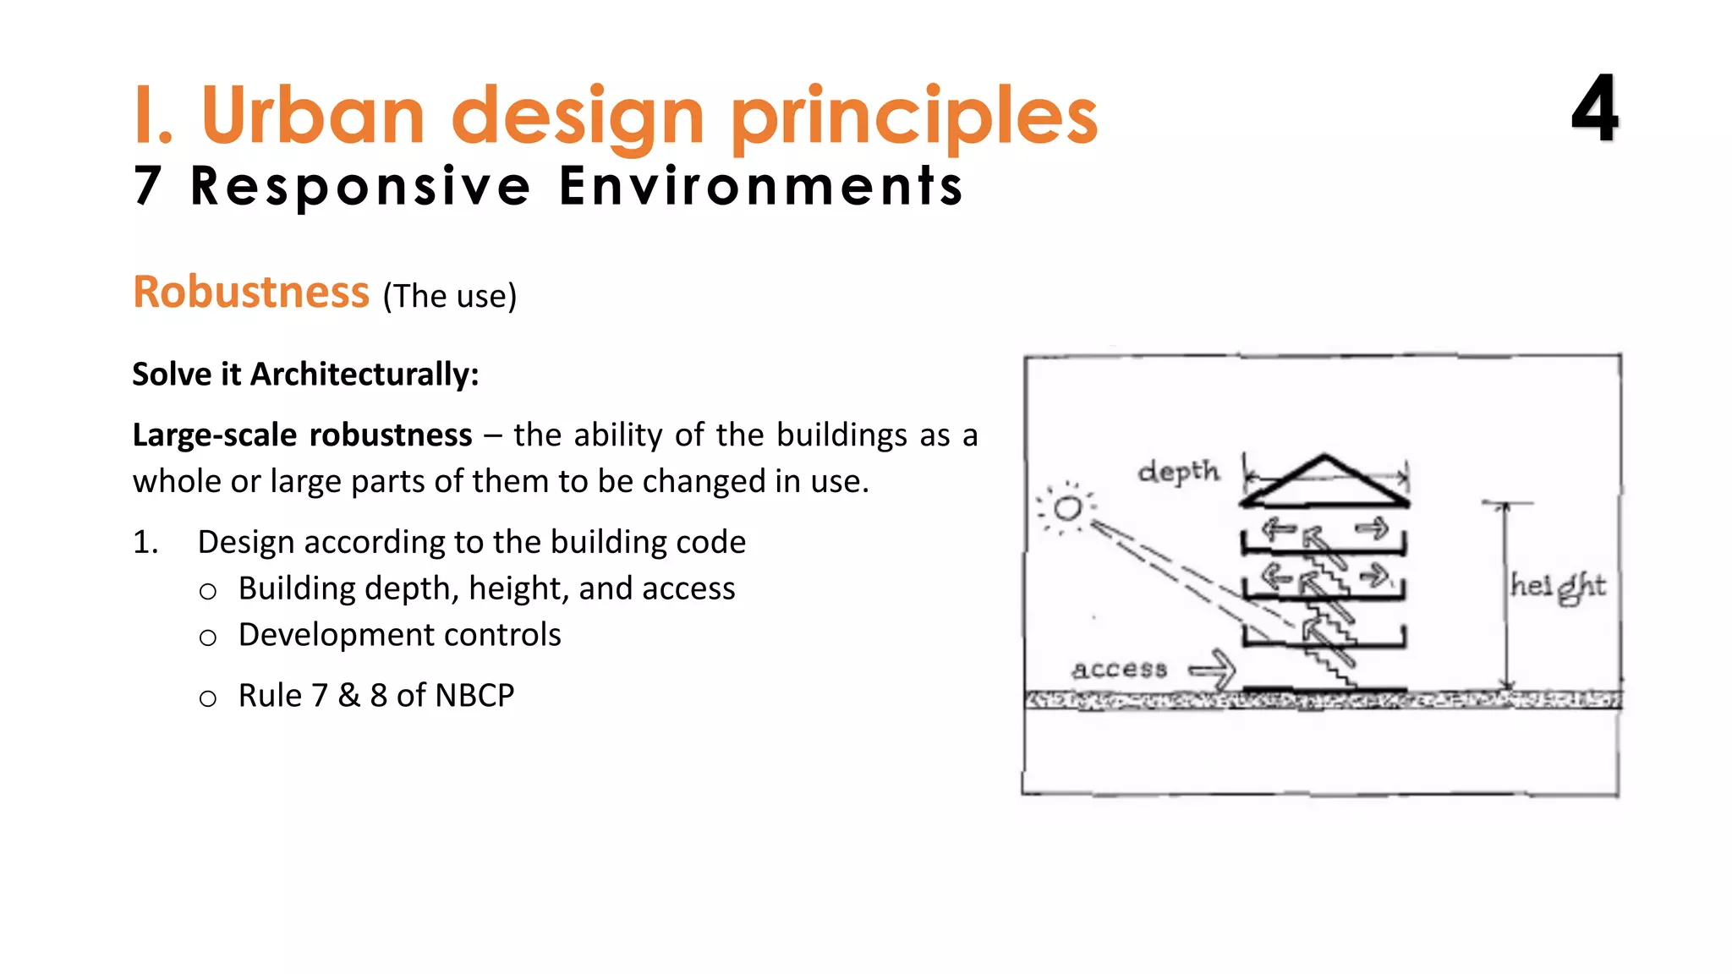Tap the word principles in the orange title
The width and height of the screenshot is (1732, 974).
click(913, 118)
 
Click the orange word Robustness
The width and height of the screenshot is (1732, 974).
click(251, 293)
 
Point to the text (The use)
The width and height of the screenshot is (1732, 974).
click(449, 297)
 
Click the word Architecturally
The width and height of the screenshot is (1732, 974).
click(364, 375)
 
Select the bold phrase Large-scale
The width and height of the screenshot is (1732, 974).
click(215, 435)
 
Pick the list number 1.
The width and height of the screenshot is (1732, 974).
click(145, 542)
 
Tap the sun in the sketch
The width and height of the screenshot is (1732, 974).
click(1067, 508)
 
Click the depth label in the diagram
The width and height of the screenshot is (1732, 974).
click(1179, 472)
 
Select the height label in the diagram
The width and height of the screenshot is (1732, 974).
click(1558, 586)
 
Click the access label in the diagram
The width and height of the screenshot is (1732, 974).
click(1120, 670)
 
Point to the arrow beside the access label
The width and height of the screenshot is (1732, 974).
click(1213, 670)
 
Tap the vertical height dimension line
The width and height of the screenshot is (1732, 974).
click(1506, 592)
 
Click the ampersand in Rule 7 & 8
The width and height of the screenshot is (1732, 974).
click(348, 696)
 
